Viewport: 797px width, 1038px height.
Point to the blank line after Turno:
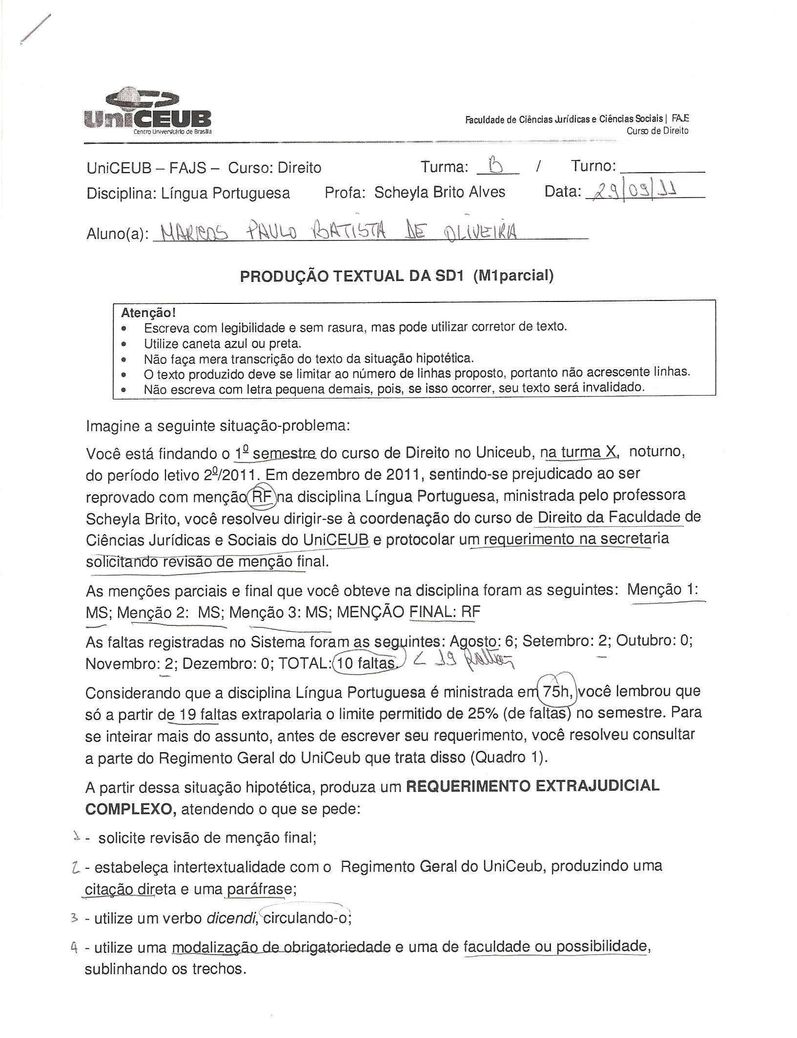coord(662,168)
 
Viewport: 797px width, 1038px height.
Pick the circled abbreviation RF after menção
coord(262,497)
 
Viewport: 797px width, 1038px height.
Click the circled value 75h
coord(556,691)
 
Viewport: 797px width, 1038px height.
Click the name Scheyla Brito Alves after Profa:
coord(439,192)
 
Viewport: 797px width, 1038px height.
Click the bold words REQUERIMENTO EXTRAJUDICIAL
coord(532,786)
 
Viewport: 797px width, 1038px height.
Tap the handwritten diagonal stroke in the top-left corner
coord(35,29)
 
